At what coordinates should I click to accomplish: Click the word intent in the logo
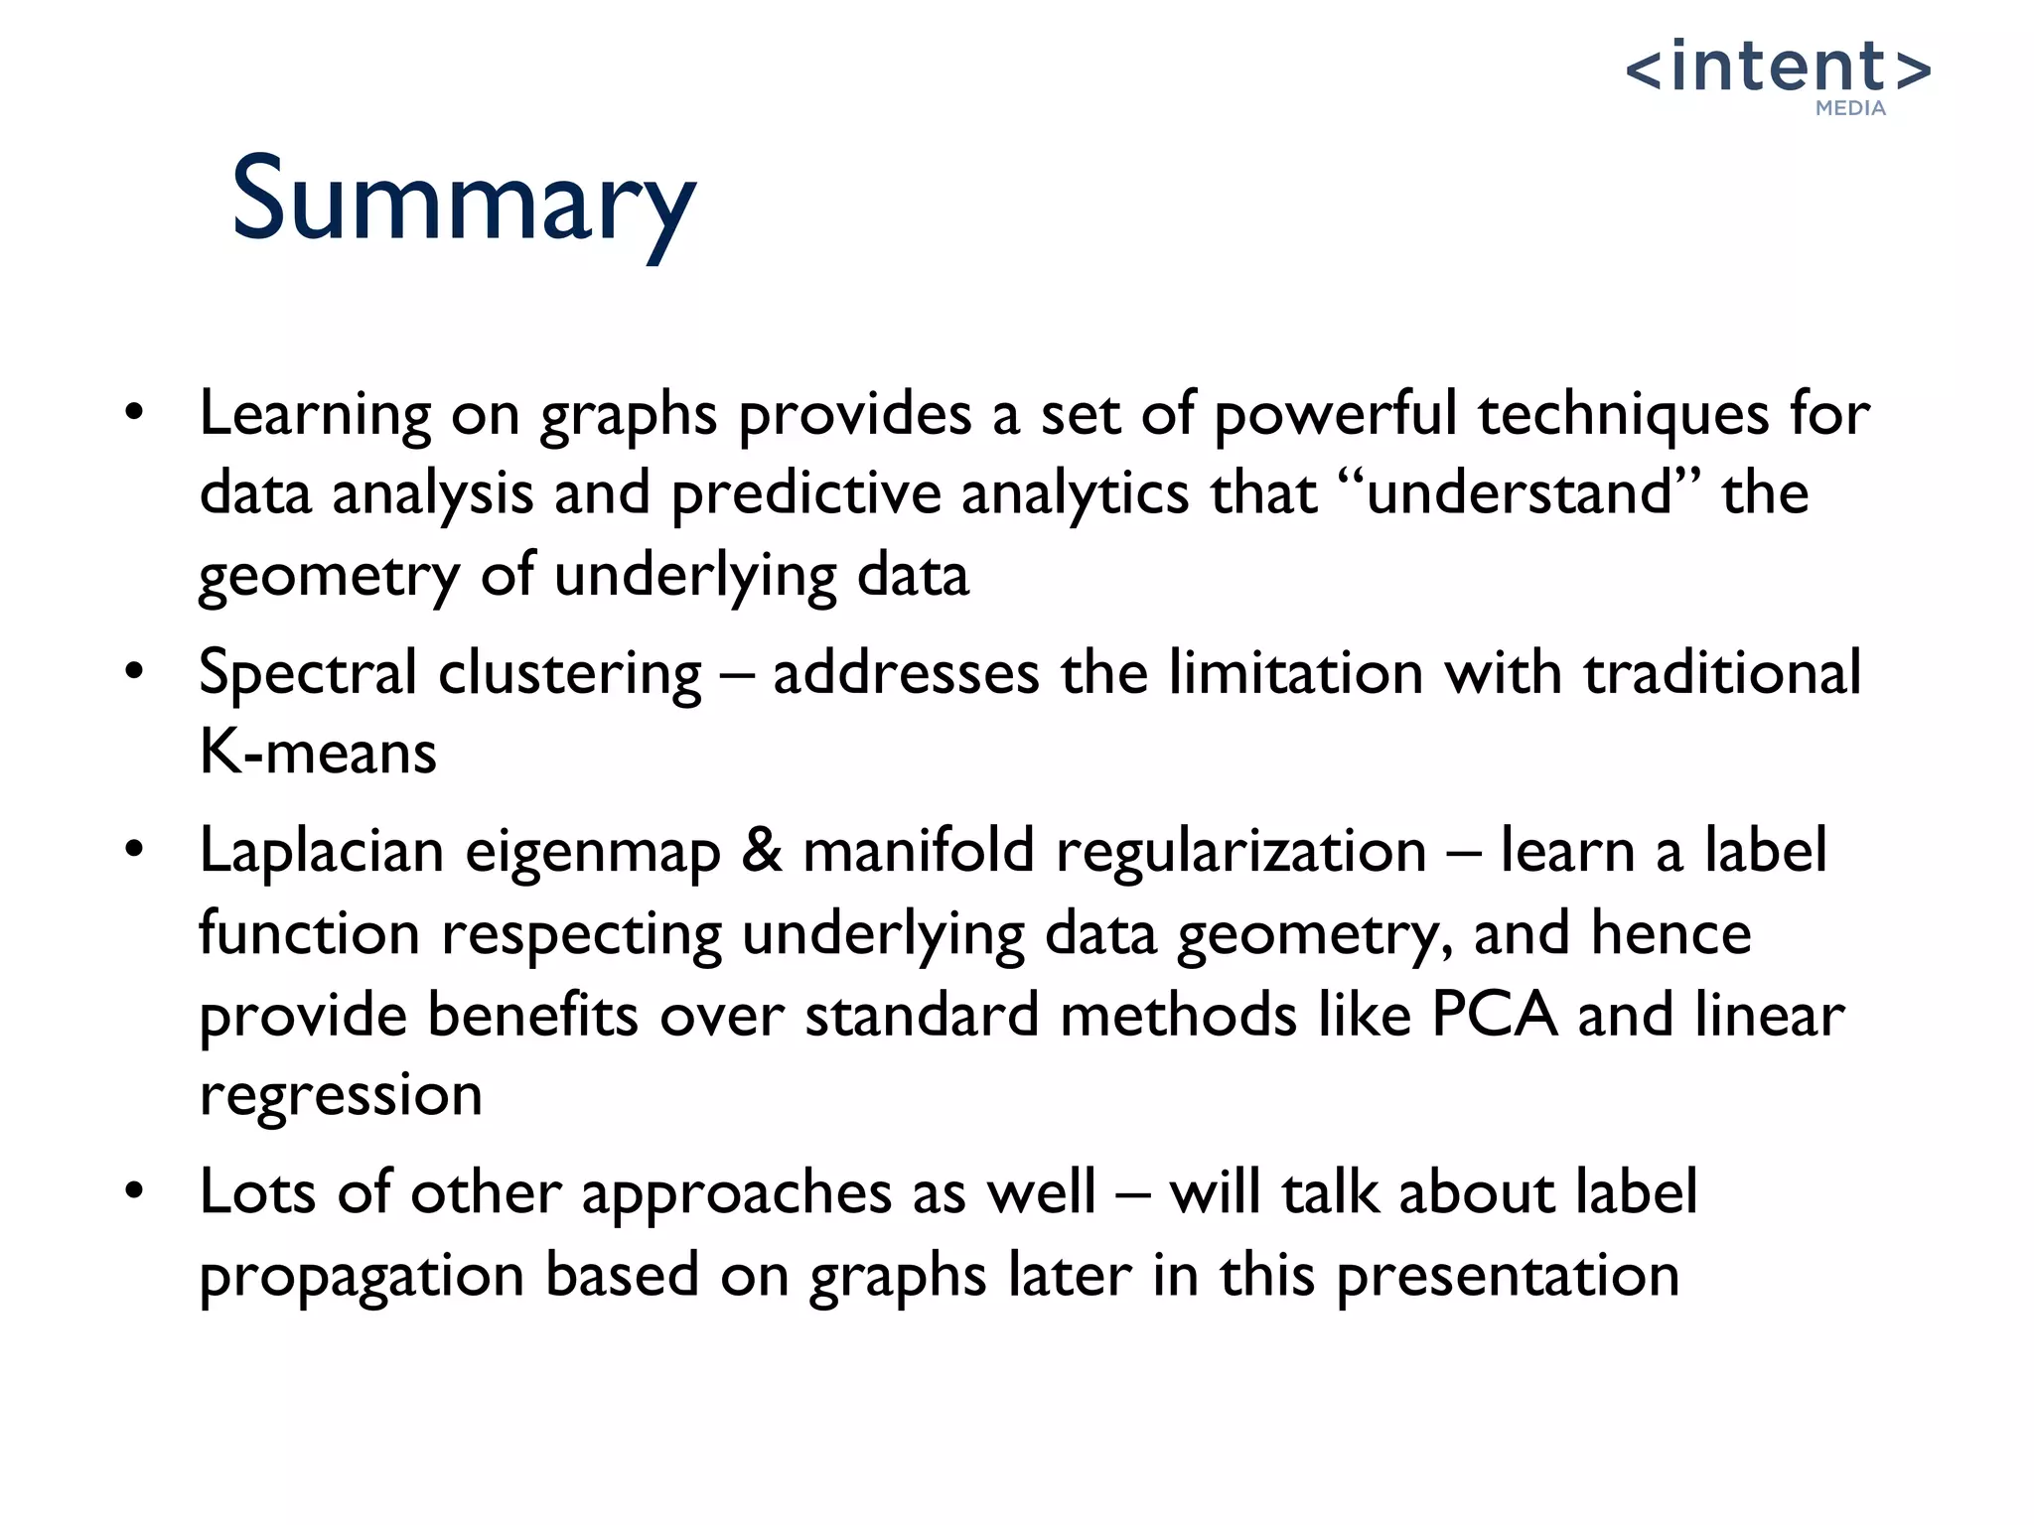coord(1778,68)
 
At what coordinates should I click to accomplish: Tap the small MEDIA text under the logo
coord(1850,108)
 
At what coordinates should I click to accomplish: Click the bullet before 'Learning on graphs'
coord(135,412)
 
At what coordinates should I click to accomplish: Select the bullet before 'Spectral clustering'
coord(135,672)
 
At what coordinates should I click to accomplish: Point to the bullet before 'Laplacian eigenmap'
coord(135,851)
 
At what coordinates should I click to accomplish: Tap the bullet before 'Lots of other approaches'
coord(135,1191)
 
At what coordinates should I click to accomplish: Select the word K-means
coord(318,752)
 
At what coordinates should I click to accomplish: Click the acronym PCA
coord(1494,1014)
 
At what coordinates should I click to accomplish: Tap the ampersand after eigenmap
coord(761,852)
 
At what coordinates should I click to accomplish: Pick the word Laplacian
coord(321,852)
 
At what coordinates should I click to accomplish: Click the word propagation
coord(362,1277)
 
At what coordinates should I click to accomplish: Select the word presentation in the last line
coord(1507,1277)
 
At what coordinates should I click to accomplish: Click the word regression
coord(341,1096)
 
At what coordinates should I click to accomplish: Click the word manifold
coord(918,851)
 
